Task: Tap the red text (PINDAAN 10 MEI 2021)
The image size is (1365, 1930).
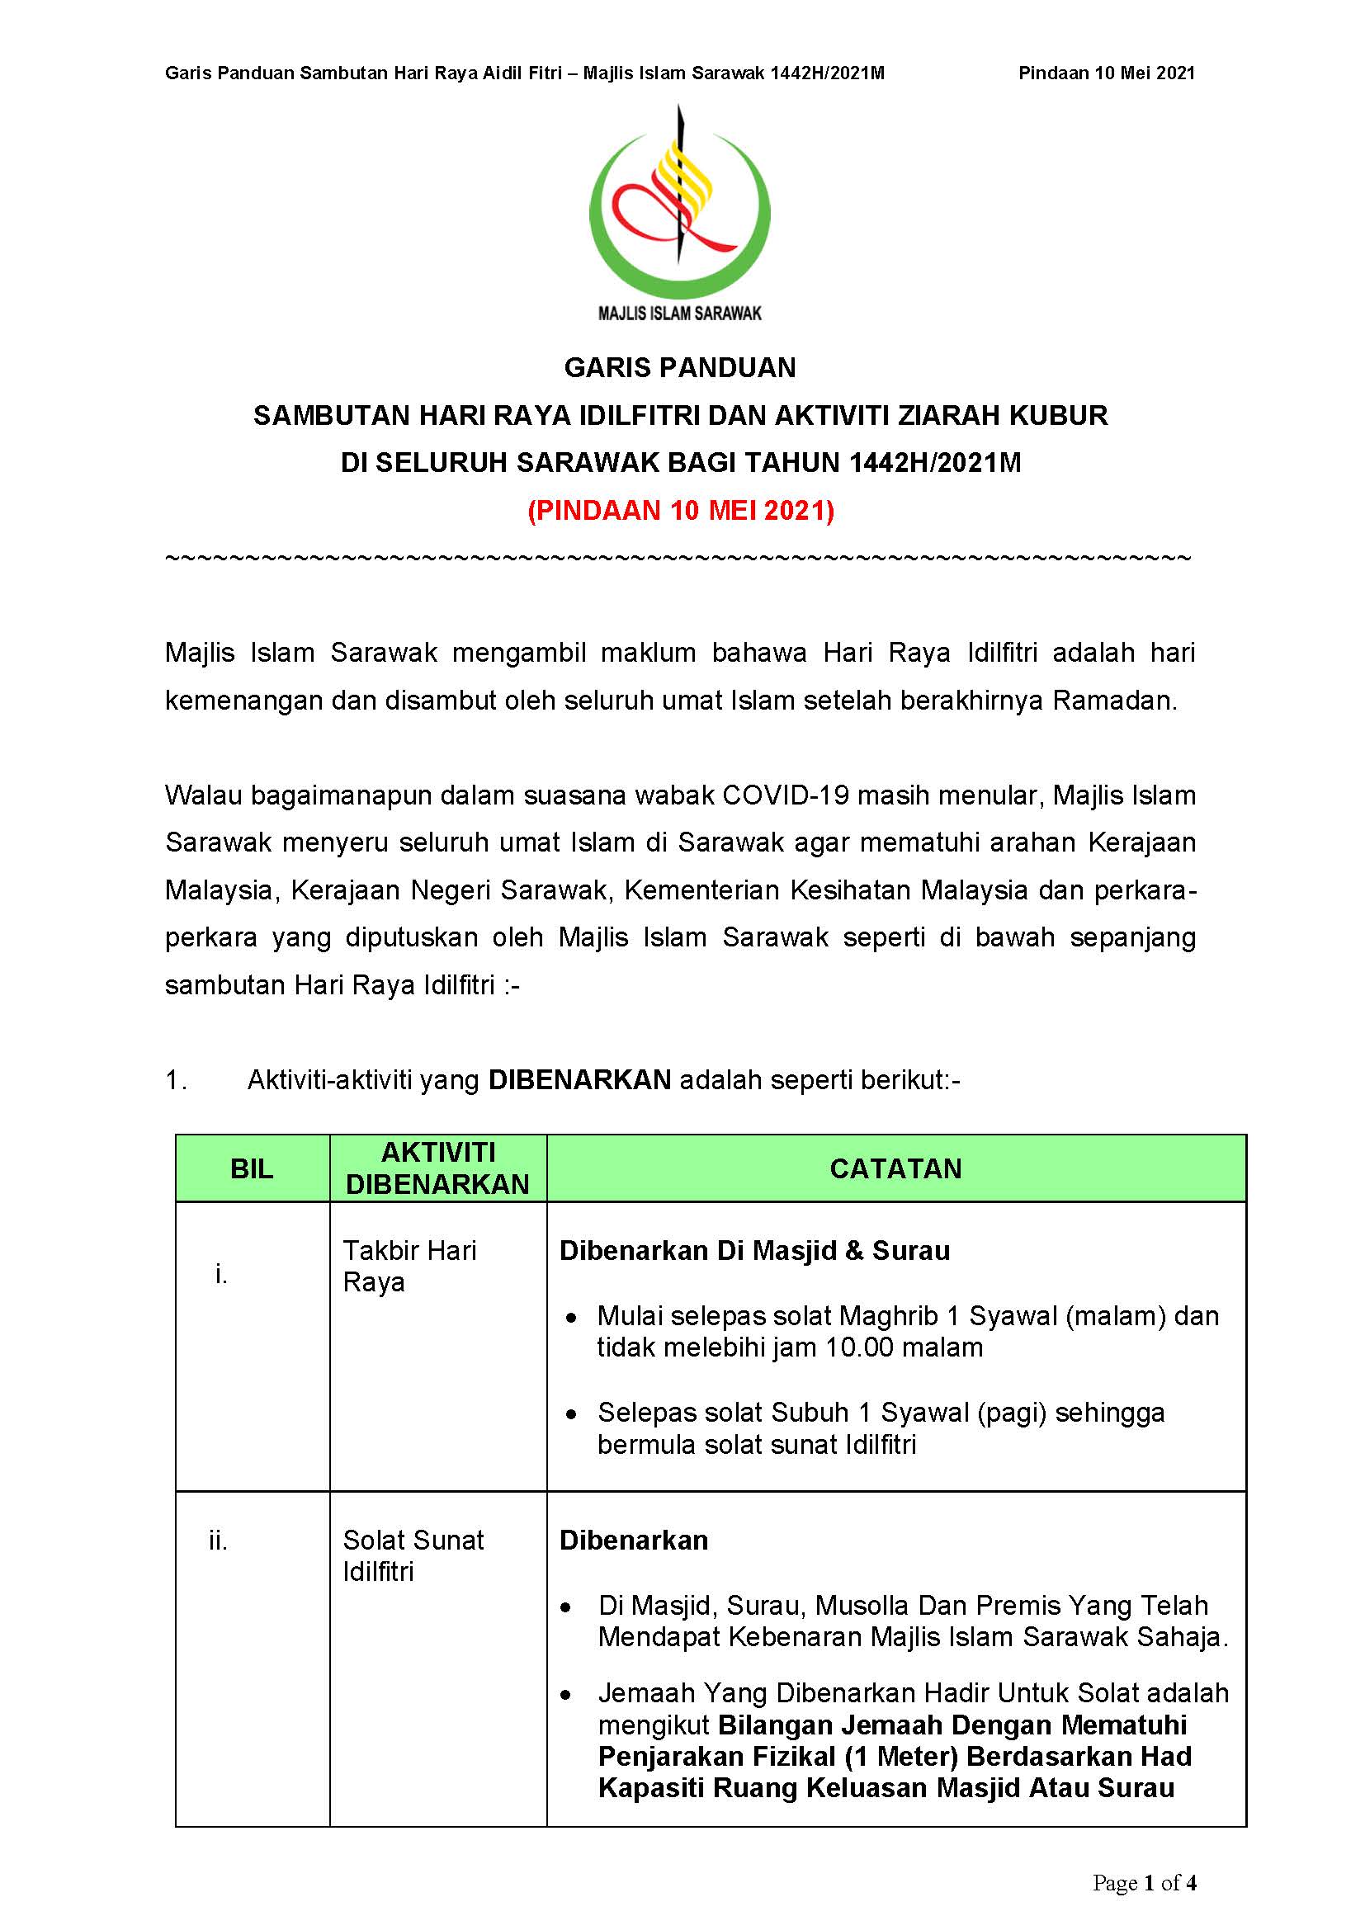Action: pyautogui.click(x=681, y=511)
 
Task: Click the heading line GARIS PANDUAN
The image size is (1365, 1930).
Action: pyautogui.click(x=680, y=367)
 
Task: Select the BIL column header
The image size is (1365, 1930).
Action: pyautogui.click(x=252, y=1168)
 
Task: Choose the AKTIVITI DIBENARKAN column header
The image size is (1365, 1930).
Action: pyautogui.click(x=438, y=1168)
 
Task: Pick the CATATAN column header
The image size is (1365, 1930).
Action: pyautogui.click(x=895, y=1168)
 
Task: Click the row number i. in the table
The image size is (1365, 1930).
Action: pyautogui.click(x=221, y=1275)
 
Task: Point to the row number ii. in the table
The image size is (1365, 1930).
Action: pyautogui.click(x=219, y=1541)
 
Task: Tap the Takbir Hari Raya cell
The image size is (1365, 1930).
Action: pyautogui.click(x=409, y=1266)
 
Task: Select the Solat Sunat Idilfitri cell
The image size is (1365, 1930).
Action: pyautogui.click(x=413, y=1555)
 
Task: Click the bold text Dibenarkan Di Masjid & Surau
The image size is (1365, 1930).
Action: pyautogui.click(x=754, y=1251)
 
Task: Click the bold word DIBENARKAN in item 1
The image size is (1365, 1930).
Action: pyautogui.click(x=579, y=1079)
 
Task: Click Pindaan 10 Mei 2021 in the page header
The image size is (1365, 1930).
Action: pyautogui.click(x=1106, y=73)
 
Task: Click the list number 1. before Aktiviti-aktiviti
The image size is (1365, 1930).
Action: pyautogui.click(x=176, y=1080)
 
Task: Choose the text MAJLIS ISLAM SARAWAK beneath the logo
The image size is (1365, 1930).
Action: pyautogui.click(x=679, y=314)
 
